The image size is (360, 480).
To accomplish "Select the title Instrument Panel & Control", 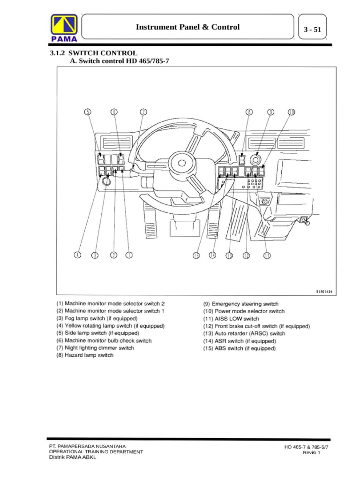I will [187, 27].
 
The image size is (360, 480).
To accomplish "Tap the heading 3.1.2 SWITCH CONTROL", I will [94, 53].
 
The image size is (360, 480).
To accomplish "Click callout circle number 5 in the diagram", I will [88, 112].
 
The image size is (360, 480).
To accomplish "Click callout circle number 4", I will [77, 255].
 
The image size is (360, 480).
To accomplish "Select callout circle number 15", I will [196, 255].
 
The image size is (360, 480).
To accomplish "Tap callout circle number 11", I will [267, 255].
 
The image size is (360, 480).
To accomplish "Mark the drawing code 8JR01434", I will [323, 291].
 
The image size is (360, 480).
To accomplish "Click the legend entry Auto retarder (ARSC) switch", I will [244, 334].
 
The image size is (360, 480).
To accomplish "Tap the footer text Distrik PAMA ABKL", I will [73, 458].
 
